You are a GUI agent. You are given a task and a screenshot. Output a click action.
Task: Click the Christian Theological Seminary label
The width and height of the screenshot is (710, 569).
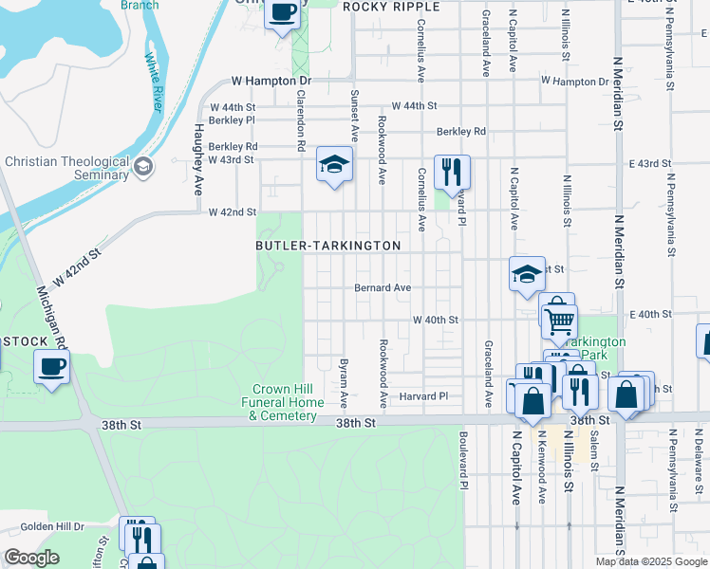click(x=65, y=168)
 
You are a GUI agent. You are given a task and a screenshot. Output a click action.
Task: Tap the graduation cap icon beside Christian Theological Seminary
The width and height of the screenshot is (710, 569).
click(x=143, y=168)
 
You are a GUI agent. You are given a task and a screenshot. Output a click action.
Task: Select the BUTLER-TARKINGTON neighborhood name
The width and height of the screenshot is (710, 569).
click(x=327, y=245)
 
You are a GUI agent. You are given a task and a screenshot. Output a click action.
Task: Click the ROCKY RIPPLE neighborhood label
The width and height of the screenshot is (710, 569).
click(x=391, y=7)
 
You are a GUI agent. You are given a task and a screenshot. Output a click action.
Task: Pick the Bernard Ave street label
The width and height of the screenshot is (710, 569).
click(x=383, y=287)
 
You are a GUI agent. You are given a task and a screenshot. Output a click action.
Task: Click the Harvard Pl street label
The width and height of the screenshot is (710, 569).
click(x=422, y=395)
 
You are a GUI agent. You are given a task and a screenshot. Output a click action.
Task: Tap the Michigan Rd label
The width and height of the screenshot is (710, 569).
click(x=49, y=318)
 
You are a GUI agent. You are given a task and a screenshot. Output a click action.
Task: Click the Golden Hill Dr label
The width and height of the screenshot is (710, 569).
click(x=52, y=526)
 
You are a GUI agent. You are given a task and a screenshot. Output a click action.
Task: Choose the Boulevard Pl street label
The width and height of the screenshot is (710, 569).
click(x=464, y=462)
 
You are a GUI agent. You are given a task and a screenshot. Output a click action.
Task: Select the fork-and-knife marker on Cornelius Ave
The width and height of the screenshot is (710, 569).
click(x=452, y=172)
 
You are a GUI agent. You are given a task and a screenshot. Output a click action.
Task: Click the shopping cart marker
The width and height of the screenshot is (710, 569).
click(x=559, y=320)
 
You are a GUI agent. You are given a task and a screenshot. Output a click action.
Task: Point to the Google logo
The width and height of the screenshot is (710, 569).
click(x=32, y=558)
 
